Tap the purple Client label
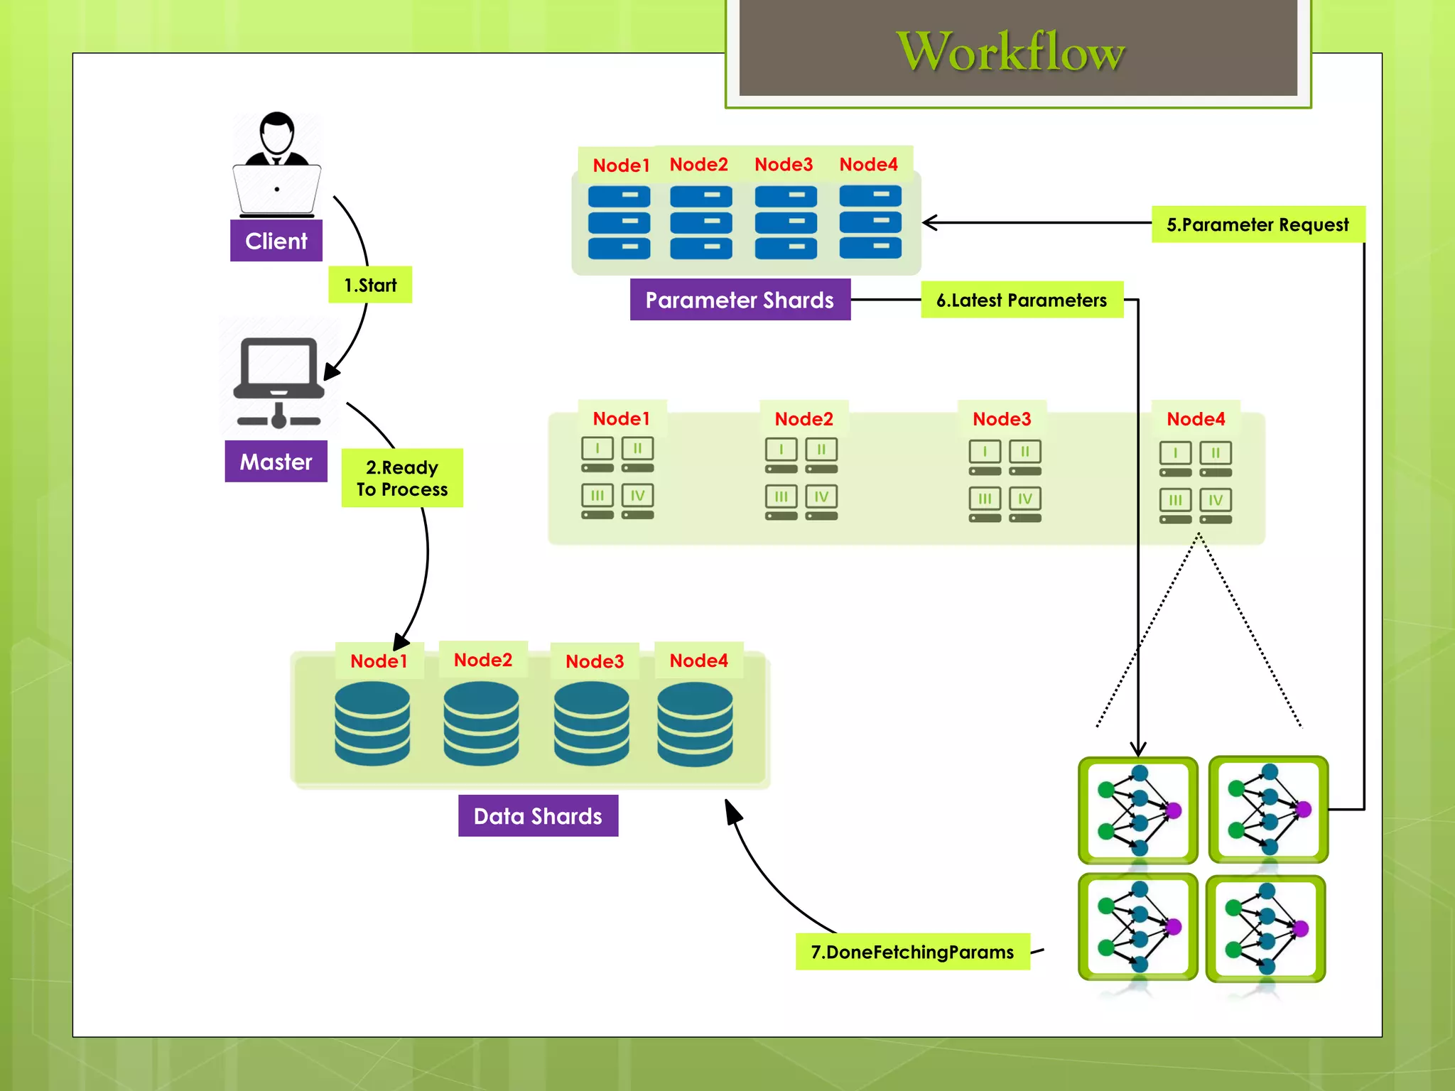(276, 241)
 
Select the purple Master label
(276, 462)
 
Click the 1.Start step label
(370, 285)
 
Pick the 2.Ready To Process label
(402, 478)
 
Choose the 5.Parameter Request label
(1257, 224)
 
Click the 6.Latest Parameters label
(1022, 300)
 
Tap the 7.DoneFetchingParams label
(912, 952)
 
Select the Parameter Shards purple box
(740, 300)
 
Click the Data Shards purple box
(538, 816)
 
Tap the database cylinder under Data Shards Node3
(591, 723)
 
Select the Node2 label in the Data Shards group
(483, 660)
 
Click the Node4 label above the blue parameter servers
(868, 164)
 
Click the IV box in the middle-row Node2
(821, 496)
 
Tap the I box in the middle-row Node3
(985, 452)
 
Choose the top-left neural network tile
(1137, 810)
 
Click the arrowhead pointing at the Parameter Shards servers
(929, 222)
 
